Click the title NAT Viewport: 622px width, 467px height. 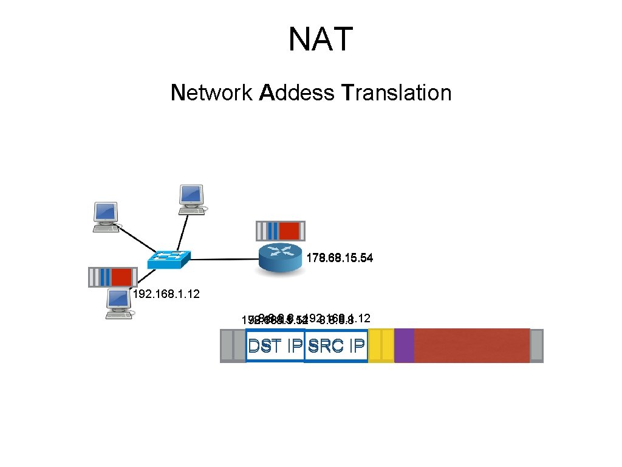click(320, 40)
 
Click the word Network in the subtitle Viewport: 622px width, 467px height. click(211, 93)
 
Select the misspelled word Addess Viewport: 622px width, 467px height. click(296, 93)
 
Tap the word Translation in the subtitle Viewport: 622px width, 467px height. click(397, 93)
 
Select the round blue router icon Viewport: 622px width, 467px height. click(280, 258)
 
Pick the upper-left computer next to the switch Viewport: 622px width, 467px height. click(106, 216)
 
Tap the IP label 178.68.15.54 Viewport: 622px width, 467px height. click(340, 258)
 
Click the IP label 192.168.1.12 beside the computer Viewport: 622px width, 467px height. click(166, 294)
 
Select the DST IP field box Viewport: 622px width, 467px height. click(275, 345)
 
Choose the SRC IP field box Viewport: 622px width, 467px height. click(337, 345)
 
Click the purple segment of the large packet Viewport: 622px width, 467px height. click(404, 345)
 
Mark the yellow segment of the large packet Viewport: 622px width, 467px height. click(381, 345)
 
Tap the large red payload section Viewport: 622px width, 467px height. click(471, 345)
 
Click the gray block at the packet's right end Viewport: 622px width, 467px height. click(536, 345)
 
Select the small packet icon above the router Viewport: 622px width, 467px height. click(280, 231)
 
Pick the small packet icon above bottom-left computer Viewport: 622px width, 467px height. click(111, 277)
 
